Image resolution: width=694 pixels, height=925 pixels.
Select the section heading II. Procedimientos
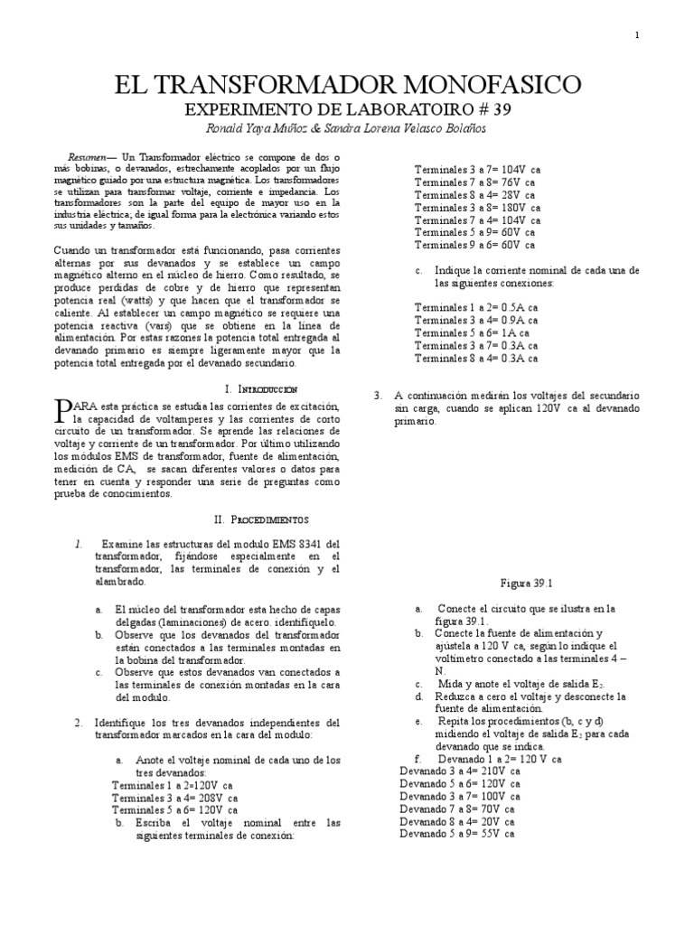(x=261, y=520)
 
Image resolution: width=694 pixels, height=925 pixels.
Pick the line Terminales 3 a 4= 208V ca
(x=174, y=799)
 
